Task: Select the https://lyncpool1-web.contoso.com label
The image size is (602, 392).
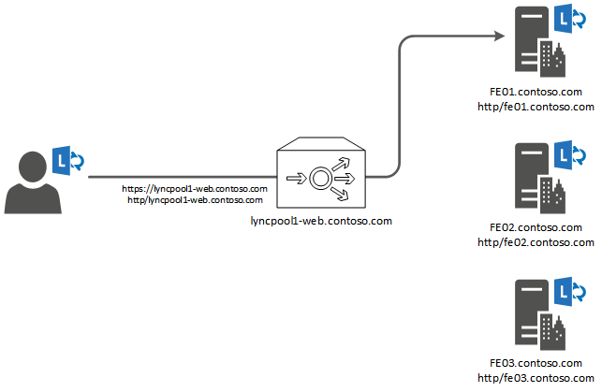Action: coord(195,189)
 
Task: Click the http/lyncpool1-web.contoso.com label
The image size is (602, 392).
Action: coord(195,199)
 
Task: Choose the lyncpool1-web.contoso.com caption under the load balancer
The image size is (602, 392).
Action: coord(321,221)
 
